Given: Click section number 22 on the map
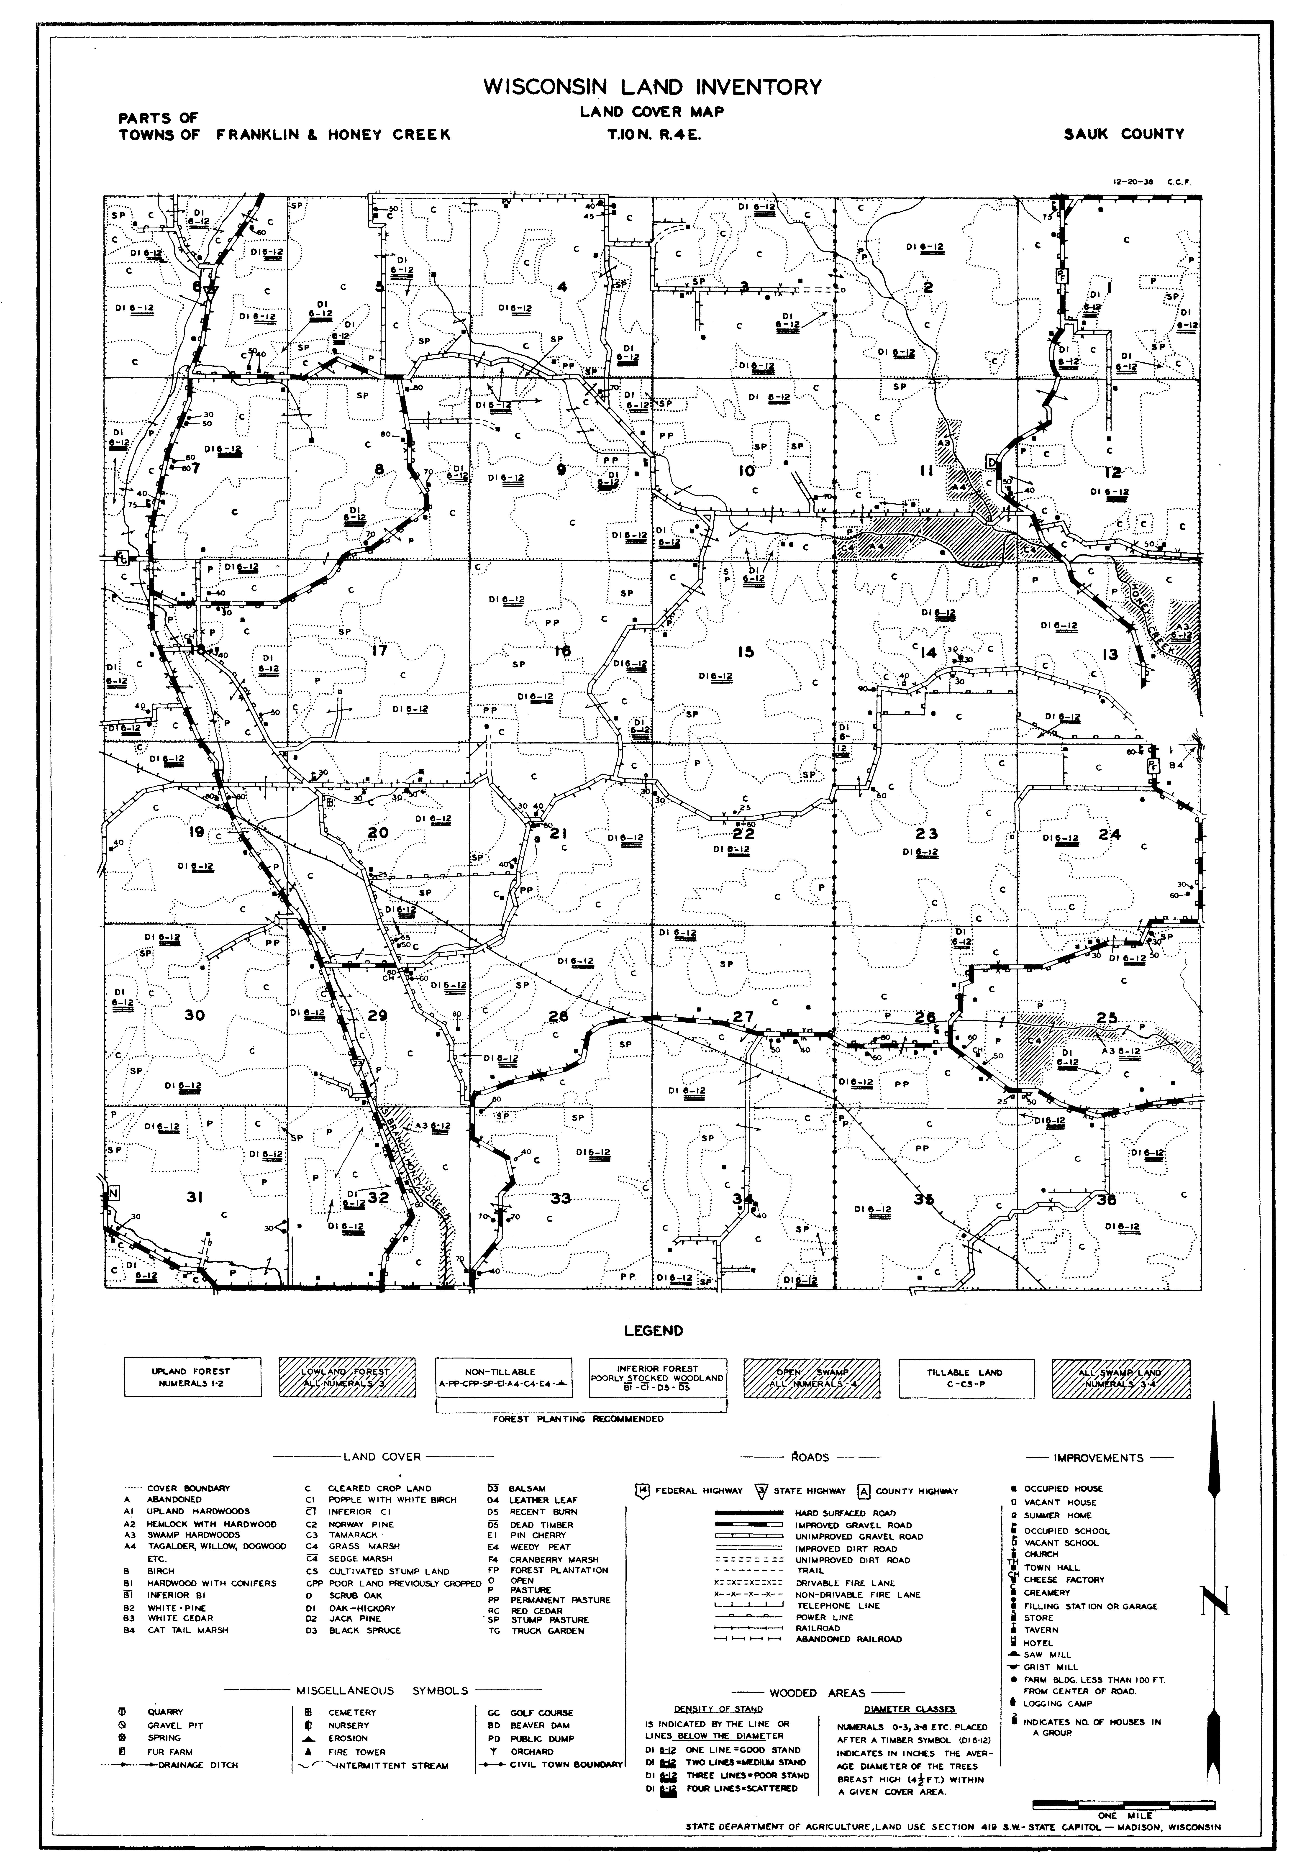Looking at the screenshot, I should tap(743, 834).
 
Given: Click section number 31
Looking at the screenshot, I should tap(194, 1197).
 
